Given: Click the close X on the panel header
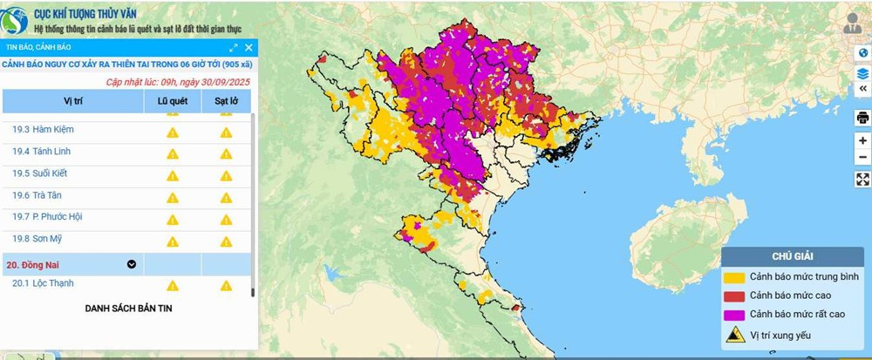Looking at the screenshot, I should tap(249, 48).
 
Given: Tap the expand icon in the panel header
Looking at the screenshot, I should tap(234, 48).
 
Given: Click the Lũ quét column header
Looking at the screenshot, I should tap(173, 101).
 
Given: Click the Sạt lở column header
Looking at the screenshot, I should tap(226, 101).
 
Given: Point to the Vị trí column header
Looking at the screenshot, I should tap(72, 101).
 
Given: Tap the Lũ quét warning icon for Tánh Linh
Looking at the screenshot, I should tap(173, 153).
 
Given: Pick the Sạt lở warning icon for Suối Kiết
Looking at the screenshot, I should tap(226, 175).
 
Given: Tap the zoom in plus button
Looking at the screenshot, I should tap(862, 140).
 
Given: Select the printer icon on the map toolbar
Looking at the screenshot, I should tap(862, 118).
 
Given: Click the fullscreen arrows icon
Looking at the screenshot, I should tap(862, 180).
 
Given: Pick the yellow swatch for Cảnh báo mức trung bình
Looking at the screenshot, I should tap(734, 277).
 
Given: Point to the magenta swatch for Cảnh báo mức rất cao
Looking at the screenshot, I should tap(734, 313).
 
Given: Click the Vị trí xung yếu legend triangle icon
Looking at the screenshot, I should tap(734, 334).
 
